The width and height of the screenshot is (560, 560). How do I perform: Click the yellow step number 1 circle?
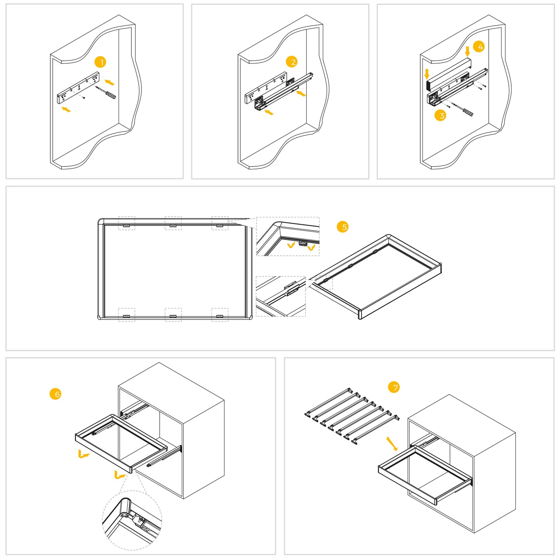pyautogui.click(x=100, y=62)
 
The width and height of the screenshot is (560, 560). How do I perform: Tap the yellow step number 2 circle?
pyautogui.click(x=291, y=62)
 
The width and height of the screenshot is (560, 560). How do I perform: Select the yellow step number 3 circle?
pyautogui.click(x=440, y=115)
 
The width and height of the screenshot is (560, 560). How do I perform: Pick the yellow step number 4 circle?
pyautogui.click(x=479, y=47)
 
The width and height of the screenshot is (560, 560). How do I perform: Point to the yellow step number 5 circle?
pyautogui.click(x=343, y=227)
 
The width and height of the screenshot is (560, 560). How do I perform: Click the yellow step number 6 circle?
pyautogui.click(x=55, y=394)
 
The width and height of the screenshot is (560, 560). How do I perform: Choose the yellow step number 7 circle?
pyautogui.click(x=394, y=387)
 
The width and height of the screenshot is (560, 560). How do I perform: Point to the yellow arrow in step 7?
pyautogui.click(x=392, y=444)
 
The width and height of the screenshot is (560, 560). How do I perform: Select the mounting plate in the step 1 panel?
pyautogui.click(x=78, y=88)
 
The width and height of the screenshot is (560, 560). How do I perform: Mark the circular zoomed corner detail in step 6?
pyautogui.click(x=132, y=520)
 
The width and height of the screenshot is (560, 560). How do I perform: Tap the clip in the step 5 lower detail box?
pyautogui.click(x=292, y=289)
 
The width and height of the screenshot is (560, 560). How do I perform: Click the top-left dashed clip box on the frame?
pyautogui.click(x=126, y=223)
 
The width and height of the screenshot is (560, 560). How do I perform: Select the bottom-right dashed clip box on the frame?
pyautogui.click(x=220, y=315)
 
